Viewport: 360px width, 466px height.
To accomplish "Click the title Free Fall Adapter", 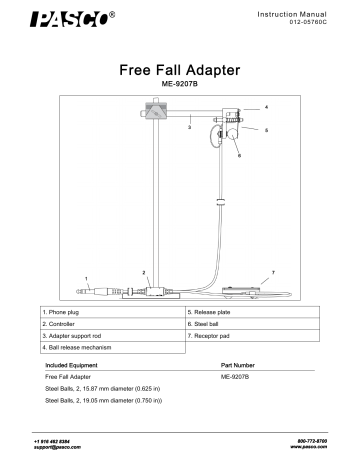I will click(x=179, y=72).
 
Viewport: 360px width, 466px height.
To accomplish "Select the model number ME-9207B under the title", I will click(x=179, y=88).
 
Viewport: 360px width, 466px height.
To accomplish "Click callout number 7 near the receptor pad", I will click(x=273, y=272).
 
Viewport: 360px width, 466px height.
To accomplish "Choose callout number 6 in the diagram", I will click(x=239, y=157).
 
